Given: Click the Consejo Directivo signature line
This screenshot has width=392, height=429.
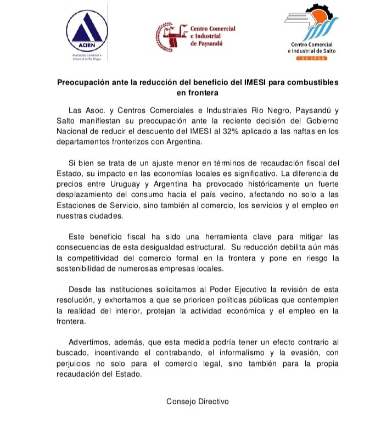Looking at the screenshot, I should (197, 401).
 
